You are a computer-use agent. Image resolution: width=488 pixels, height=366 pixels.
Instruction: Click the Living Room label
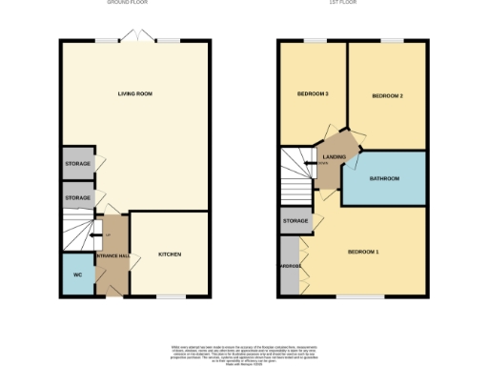pos(135,94)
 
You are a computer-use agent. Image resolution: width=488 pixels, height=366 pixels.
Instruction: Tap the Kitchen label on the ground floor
pos(170,254)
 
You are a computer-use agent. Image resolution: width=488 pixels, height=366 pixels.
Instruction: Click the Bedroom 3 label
pos(314,94)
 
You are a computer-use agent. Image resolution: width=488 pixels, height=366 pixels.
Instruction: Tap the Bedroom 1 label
pos(363,252)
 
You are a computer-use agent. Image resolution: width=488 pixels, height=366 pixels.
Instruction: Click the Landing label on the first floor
pos(335,156)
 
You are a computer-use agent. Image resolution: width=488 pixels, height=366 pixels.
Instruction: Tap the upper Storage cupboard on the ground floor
pos(78,164)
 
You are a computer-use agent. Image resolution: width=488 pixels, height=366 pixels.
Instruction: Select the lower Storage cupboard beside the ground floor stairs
pos(78,197)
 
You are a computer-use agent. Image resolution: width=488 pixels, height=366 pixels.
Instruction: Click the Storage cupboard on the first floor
pos(295,221)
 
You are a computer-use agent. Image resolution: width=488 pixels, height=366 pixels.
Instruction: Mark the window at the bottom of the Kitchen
pos(169,296)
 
